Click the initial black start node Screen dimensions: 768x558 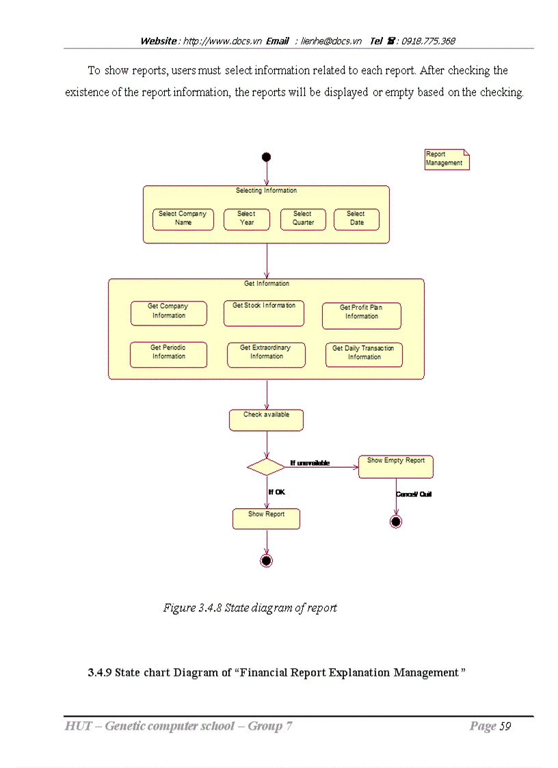(x=266, y=157)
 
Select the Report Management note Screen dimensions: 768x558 (x=447, y=159)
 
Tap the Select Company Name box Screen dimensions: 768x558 (x=183, y=219)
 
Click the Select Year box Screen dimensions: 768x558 (x=247, y=219)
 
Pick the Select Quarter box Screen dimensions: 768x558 (x=303, y=219)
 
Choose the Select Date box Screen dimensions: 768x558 (x=356, y=219)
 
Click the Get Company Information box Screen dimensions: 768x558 (x=168, y=313)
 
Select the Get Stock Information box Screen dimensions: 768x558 (x=263, y=313)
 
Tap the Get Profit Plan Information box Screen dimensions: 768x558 (x=361, y=315)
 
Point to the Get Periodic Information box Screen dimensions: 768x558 (x=168, y=354)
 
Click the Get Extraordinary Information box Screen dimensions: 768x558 (x=266, y=354)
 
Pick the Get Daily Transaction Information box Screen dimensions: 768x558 (x=363, y=354)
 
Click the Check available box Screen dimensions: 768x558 (x=266, y=420)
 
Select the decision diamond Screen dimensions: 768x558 (x=266, y=467)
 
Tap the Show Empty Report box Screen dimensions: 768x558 (x=395, y=466)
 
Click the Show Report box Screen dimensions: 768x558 (x=266, y=518)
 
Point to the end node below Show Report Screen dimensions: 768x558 (x=266, y=561)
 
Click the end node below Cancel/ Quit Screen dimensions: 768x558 (x=395, y=522)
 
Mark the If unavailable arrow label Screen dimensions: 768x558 (x=310, y=463)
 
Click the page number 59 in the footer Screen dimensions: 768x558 (x=505, y=726)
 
